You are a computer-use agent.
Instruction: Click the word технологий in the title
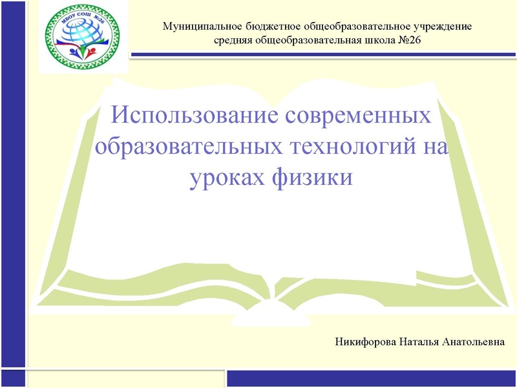[348, 147]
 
